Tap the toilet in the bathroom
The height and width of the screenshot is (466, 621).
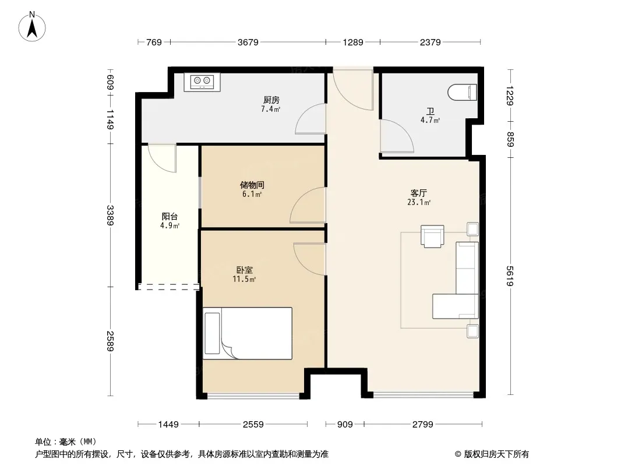pos(462,93)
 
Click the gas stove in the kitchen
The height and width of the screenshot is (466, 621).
pos(202,82)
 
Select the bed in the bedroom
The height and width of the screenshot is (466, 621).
pos(248,333)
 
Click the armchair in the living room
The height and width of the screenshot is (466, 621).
pos(432,236)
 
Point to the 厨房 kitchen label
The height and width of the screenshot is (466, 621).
pos(271,100)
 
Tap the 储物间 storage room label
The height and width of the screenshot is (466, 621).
pos(252,185)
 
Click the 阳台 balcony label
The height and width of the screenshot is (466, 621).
pos(170,217)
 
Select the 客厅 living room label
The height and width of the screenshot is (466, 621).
pos(419,193)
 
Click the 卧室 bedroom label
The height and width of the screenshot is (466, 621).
pos(244,270)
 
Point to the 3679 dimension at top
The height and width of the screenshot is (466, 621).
pos(248,42)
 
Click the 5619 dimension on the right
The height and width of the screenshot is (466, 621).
pos(510,276)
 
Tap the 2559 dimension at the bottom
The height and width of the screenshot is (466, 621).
pos(253,425)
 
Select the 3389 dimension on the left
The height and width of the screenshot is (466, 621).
pos(110,216)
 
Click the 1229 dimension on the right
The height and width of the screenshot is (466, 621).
pos(510,96)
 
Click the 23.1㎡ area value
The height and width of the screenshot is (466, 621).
pos(419,202)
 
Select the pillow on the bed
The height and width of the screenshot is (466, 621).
pos(212,333)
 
